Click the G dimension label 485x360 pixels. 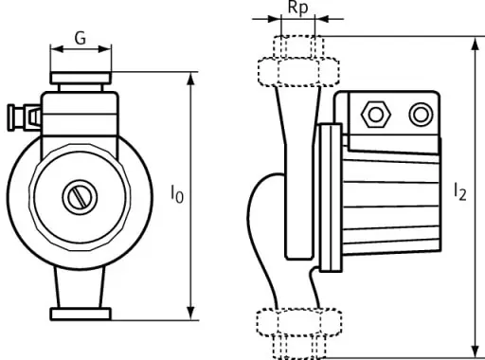click(x=81, y=39)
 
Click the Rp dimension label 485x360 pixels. click(x=297, y=8)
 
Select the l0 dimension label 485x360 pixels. click(x=177, y=194)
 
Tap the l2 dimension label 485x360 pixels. click(x=459, y=191)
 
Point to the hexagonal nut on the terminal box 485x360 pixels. click(x=376, y=115)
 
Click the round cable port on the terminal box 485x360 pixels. click(x=421, y=115)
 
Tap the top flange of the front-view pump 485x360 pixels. click(x=81, y=78)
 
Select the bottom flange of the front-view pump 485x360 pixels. click(x=81, y=315)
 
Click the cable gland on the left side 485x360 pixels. click(x=25, y=117)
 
